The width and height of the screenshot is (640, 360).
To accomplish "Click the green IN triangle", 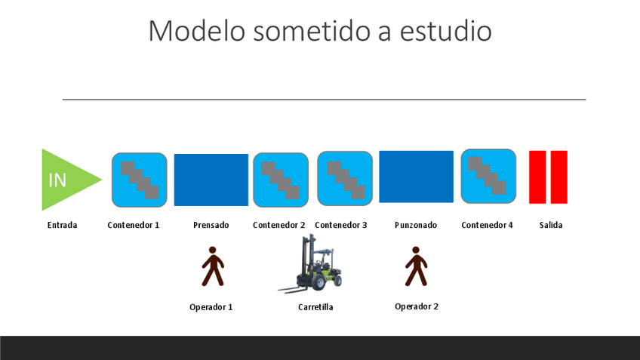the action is (x=67, y=180).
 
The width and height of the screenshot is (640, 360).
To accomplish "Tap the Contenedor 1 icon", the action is (x=139, y=180).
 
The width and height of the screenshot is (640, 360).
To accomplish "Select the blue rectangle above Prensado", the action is (x=211, y=180).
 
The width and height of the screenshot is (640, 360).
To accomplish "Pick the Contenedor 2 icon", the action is (x=281, y=180).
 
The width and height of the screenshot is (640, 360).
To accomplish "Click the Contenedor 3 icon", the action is (x=345, y=178).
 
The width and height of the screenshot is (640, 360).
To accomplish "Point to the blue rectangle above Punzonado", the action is (x=417, y=177).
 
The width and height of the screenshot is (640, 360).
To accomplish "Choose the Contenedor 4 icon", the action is (x=488, y=177).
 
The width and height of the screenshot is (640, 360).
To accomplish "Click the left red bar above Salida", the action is (x=537, y=177).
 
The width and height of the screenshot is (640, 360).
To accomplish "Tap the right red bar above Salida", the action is (x=559, y=177).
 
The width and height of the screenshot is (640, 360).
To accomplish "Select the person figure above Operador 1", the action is (x=213, y=266).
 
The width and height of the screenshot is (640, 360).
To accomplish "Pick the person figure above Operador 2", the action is (x=416, y=266).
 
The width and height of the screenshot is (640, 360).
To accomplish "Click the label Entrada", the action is (x=62, y=225).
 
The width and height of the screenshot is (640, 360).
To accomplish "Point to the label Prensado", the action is (x=211, y=225).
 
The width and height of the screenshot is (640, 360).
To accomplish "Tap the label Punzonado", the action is (x=416, y=225).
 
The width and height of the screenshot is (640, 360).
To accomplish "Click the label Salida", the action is (x=551, y=225).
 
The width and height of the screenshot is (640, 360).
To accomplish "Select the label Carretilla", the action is (x=315, y=307).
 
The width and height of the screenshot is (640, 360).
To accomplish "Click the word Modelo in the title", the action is (x=197, y=31).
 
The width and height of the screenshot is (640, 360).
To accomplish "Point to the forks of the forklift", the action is (x=294, y=289).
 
